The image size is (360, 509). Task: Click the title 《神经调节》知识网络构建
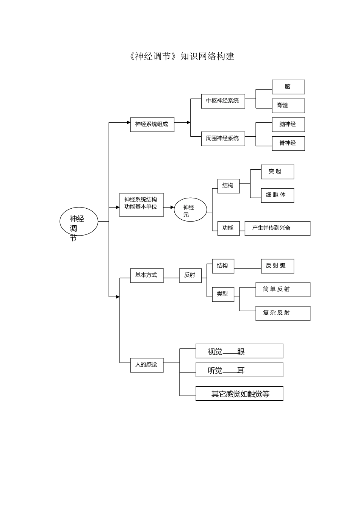tap(181, 57)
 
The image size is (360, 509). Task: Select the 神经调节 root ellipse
tap(79, 222)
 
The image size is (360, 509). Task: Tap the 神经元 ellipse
tap(190, 210)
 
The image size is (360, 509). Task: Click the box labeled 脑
tap(288, 87)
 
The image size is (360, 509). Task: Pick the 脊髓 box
tap(288, 106)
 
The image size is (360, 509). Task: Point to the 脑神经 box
tap(288, 125)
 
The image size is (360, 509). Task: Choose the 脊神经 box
tap(288, 144)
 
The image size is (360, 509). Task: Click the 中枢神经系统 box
tap(223, 101)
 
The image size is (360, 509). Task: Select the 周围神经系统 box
tap(223, 139)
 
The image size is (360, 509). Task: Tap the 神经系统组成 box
tap(152, 125)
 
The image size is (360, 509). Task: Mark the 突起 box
tap(277, 172)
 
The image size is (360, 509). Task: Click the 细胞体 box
tap(277, 195)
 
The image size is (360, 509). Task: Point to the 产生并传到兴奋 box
tap(277, 228)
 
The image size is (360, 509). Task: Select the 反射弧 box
tap(277, 266)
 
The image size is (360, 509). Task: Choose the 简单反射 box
tap(282, 289)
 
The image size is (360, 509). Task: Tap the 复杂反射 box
tap(282, 313)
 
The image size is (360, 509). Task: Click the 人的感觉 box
tap(147, 365)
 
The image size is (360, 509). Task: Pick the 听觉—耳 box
tap(239, 370)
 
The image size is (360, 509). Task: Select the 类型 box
tap(223, 294)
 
